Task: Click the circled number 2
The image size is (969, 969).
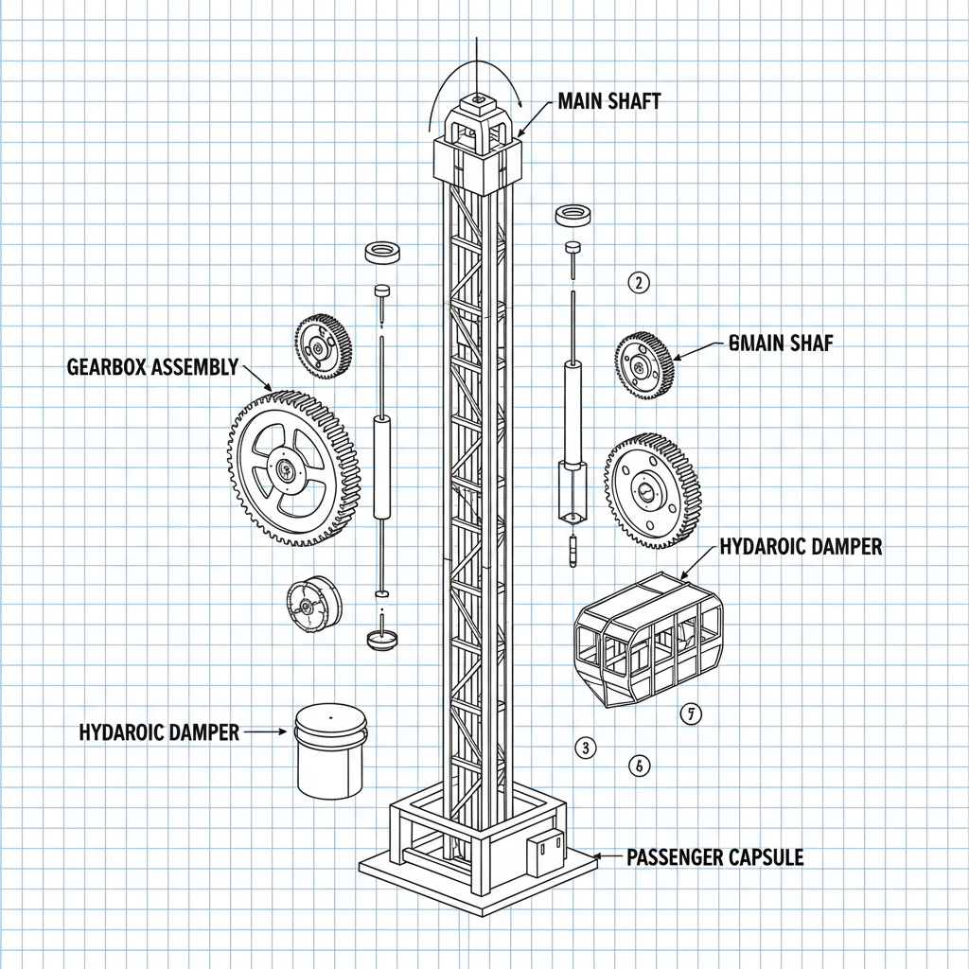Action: [x=640, y=282]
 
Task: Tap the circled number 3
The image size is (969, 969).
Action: [x=586, y=748]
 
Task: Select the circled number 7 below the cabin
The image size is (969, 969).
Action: [x=692, y=715]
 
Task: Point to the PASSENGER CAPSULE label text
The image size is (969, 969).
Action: [x=714, y=857]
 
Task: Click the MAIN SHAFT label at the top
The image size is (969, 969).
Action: [x=609, y=102]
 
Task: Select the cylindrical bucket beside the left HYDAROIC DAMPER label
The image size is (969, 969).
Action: [x=330, y=750]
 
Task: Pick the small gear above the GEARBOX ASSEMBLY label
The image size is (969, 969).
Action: [x=323, y=347]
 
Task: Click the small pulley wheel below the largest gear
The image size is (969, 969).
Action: [x=311, y=605]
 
